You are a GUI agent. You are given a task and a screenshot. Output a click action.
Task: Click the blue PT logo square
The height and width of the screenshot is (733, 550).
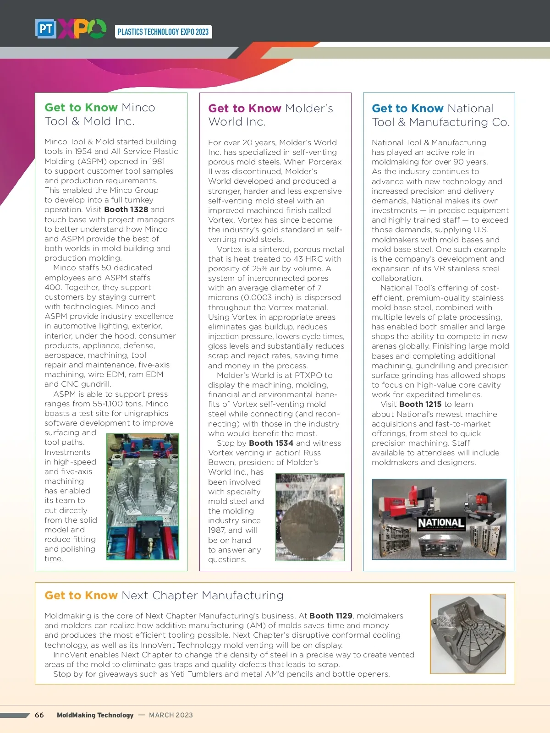pos(45,29)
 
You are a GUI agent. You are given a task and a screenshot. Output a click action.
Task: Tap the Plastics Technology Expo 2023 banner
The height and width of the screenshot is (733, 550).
pos(163,32)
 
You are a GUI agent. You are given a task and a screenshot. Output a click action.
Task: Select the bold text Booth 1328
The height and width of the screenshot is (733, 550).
pos(126,209)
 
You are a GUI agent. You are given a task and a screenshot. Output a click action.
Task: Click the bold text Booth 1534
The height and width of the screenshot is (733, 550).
pos(271,443)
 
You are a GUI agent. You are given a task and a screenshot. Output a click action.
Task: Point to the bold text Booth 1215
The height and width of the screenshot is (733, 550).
pos(420,404)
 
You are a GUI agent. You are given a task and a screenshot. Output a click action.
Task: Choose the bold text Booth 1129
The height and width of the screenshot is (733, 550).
pos(331,616)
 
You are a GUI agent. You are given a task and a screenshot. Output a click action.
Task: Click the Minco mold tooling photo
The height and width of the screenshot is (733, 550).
pos(143,497)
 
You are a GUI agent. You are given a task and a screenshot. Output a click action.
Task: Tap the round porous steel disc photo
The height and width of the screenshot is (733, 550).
pos(309,517)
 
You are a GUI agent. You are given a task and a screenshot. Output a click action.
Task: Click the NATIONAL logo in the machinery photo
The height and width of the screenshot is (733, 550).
pos(441,523)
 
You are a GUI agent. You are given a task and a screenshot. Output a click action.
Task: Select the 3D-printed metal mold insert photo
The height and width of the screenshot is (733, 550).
pos(467,634)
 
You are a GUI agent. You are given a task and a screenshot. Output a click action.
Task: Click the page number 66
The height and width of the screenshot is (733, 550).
pos(39,715)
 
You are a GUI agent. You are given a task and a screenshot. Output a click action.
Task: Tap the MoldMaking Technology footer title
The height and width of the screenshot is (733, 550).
pos(95,715)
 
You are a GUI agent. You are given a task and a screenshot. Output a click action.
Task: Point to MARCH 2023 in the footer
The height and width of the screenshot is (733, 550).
pos(171,715)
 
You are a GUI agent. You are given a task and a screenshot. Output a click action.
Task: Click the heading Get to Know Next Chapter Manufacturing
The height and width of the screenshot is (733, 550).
pos(164,595)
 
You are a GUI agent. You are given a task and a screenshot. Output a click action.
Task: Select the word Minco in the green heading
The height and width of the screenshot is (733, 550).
pos(138,108)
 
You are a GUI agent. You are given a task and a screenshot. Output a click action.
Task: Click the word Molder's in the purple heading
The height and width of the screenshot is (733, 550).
pos(309,109)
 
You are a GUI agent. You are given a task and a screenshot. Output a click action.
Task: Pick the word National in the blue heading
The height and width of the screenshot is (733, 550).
pos(471,109)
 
